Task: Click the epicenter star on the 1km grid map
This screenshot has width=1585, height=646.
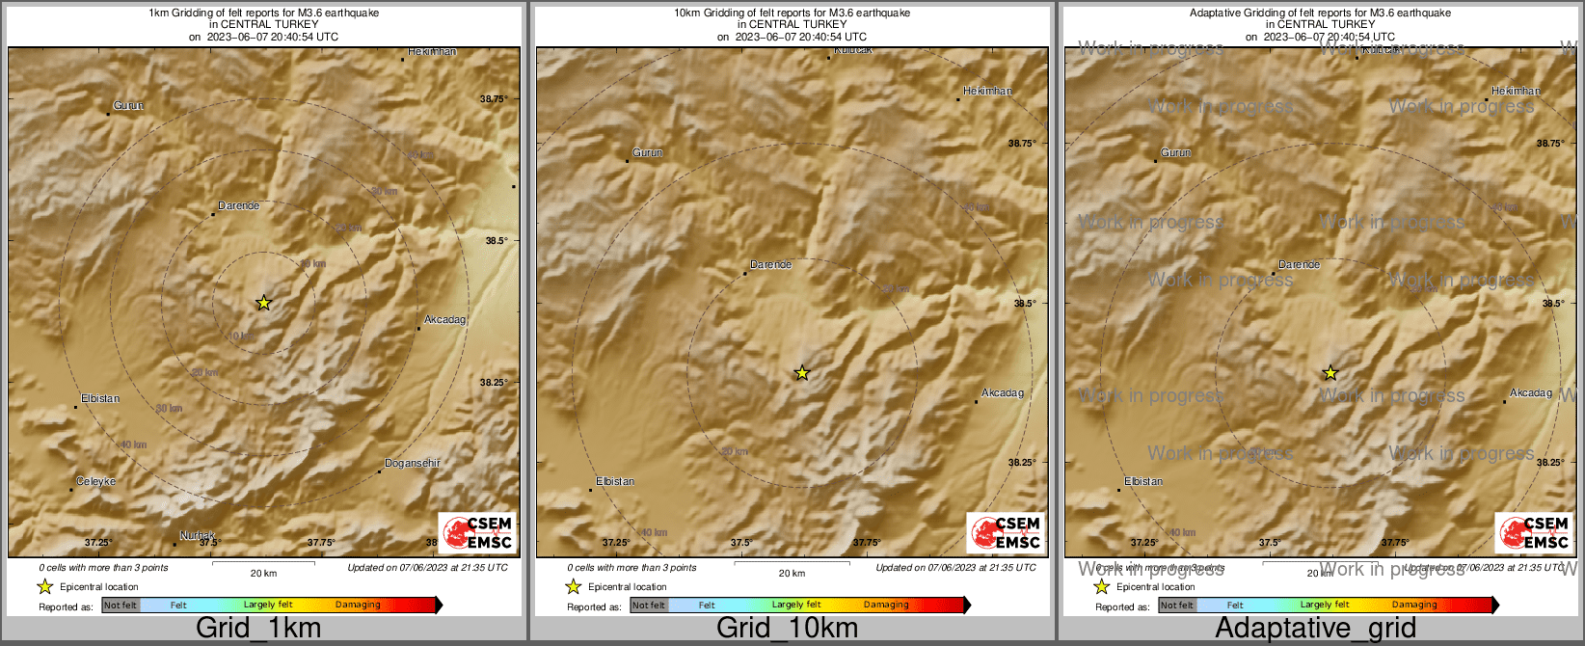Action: click(x=263, y=303)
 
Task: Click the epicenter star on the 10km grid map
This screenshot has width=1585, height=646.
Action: click(x=801, y=373)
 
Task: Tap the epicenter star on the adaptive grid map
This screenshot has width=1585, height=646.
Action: click(x=1330, y=373)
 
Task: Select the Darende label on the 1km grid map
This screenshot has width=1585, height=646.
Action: click(x=238, y=206)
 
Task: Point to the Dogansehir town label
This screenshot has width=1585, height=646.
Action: click(x=412, y=464)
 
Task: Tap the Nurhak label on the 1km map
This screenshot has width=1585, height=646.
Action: click(x=197, y=536)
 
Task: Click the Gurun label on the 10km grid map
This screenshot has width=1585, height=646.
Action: click(x=647, y=153)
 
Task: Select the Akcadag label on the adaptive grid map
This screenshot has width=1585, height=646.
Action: click(x=1531, y=393)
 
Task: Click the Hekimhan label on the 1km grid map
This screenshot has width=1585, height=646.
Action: click(x=431, y=52)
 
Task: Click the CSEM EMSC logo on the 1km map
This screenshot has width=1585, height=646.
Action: click(x=477, y=532)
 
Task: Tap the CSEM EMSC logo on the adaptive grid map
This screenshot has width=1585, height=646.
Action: click(x=1534, y=532)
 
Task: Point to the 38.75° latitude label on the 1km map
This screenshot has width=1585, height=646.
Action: click(x=494, y=99)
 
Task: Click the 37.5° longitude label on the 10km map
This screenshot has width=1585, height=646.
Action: click(x=740, y=543)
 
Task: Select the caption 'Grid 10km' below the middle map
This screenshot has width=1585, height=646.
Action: click(x=787, y=629)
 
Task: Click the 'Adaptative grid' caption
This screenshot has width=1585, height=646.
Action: click(x=1315, y=629)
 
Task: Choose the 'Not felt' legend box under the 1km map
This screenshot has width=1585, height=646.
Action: click(x=121, y=606)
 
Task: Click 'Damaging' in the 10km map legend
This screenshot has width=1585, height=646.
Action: click(x=886, y=606)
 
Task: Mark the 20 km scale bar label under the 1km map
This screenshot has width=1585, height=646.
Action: click(x=263, y=574)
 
